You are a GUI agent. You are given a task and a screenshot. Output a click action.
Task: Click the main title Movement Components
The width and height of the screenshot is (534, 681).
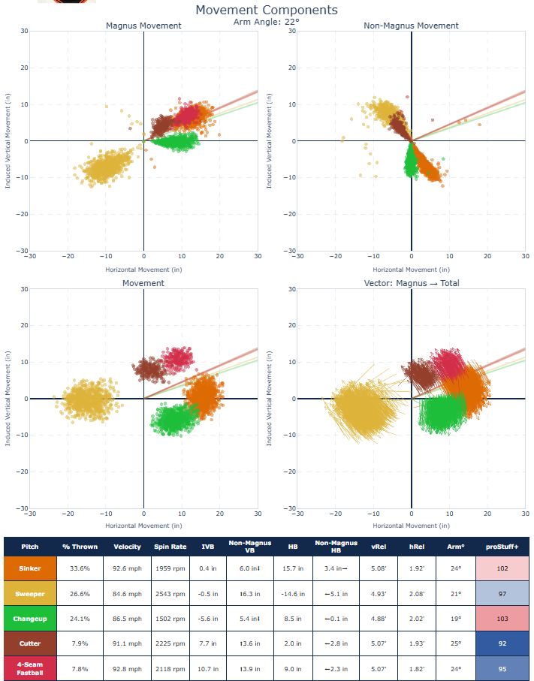coord(267,10)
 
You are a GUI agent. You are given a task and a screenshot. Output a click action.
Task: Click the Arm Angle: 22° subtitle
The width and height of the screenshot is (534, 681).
coord(267,22)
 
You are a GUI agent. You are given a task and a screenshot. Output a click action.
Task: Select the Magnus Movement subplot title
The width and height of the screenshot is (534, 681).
coord(143,26)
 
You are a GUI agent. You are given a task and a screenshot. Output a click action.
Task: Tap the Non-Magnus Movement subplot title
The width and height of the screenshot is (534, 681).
coord(411,26)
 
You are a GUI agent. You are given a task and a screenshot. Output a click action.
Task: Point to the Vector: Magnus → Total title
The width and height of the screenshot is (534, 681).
coord(411,283)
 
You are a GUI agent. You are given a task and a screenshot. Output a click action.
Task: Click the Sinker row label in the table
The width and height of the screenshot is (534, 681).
coord(30,568)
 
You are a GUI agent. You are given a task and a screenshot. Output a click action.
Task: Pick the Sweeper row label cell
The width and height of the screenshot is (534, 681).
coord(30,593)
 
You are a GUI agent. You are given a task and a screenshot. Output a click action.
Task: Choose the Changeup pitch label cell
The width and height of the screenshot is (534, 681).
coord(30,619)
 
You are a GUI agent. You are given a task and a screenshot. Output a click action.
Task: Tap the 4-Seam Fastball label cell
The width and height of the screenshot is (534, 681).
coord(30,668)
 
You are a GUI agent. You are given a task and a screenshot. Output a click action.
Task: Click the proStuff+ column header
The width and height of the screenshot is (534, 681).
coord(502,547)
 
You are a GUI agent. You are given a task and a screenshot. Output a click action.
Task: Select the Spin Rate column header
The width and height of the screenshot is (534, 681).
coord(170,547)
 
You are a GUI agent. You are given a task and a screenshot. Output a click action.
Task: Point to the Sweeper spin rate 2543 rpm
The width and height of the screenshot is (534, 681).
coord(170,593)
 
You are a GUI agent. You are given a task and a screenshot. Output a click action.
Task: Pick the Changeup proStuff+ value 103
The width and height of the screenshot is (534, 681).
coord(502,619)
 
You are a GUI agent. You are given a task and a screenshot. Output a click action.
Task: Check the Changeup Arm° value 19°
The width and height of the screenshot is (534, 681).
coord(456,619)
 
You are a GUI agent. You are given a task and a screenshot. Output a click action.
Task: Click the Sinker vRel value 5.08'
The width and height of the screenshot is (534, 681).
coord(378,568)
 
